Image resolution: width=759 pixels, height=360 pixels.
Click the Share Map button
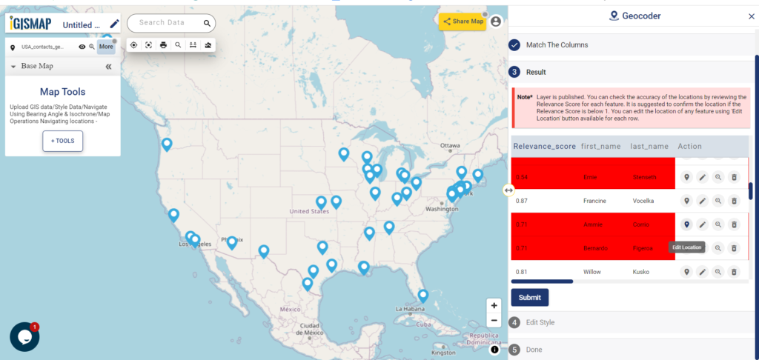tap(463, 21)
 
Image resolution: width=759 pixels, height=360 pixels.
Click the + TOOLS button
tap(63, 141)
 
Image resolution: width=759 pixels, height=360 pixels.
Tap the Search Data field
tap(167, 23)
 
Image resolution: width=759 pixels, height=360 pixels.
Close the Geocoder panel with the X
tap(751, 16)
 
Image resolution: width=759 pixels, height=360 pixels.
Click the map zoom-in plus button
tap(494, 306)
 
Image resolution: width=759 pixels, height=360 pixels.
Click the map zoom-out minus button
tap(494, 320)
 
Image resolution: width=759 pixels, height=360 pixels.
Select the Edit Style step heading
tap(540, 322)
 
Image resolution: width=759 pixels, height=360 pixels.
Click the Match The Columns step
tap(557, 45)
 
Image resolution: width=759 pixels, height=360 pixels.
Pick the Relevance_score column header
tap(544, 146)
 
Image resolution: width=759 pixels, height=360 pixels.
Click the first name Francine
tap(594, 201)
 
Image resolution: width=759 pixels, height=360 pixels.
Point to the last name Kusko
tap(640, 272)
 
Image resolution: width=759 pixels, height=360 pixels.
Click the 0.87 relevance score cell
tap(522, 201)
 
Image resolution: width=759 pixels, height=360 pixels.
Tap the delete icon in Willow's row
tap(734, 272)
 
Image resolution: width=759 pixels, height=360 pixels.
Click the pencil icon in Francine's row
tap(703, 201)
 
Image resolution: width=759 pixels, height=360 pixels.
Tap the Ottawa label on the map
tap(451, 146)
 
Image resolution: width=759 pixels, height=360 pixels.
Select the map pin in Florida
tap(422, 295)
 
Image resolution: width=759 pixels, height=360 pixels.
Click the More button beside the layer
tap(106, 46)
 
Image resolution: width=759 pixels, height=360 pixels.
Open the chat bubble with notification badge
tap(24, 336)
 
